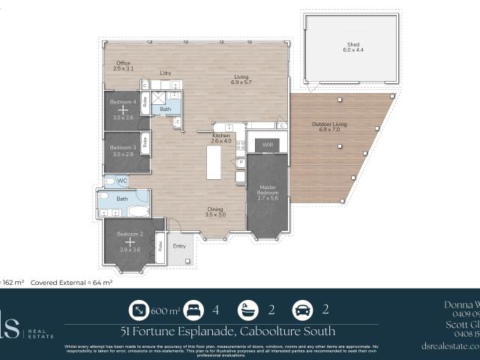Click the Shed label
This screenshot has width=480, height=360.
point(353,44)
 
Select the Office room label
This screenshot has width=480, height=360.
point(123,63)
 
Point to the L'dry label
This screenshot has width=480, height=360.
point(166,73)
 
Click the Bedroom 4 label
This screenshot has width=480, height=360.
point(122,101)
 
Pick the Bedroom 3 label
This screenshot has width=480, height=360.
point(122,148)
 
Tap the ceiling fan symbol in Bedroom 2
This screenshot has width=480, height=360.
point(130,242)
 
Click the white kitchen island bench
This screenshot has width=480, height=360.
point(214,161)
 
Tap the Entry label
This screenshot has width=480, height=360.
point(179,246)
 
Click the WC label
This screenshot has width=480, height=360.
point(121,181)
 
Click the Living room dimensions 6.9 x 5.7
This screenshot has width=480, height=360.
point(241,81)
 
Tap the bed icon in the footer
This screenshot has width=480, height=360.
point(193,310)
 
